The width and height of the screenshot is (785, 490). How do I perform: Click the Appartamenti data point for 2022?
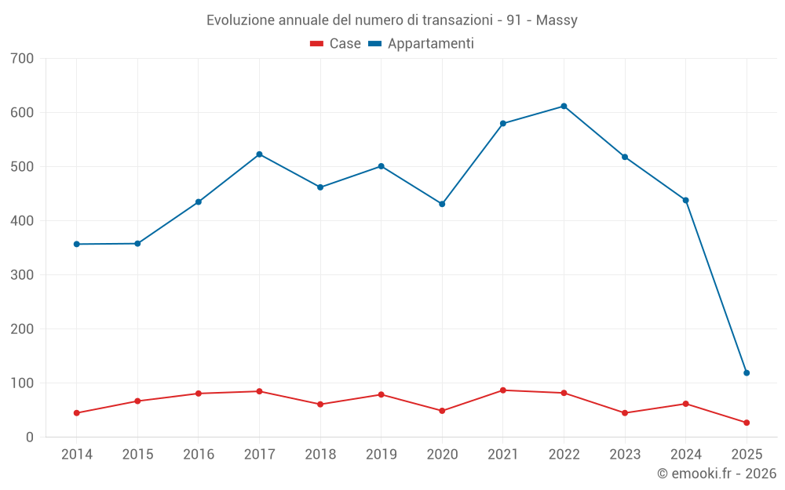tap(564, 106)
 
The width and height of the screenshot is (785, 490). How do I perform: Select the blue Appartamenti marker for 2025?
tap(747, 373)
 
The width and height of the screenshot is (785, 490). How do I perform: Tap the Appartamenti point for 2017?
tap(259, 154)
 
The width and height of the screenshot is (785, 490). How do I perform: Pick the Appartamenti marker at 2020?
tap(442, 204)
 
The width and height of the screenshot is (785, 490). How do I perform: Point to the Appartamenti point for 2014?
tap(76, 244)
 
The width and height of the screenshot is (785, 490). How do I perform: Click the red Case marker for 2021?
tap(503, 390)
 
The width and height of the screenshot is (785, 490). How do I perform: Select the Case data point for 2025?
tap(747, 423)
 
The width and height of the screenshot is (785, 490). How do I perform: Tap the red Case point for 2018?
tap(320, 405)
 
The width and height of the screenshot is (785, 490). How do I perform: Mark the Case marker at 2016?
tap(199, 394)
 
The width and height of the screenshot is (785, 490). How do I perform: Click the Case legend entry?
tap(335, 44)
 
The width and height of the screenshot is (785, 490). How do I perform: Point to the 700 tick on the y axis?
tap(23, 59)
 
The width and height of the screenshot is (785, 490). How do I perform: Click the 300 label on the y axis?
tap(23, 275)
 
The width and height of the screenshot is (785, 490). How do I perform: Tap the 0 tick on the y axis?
tap(30, 437)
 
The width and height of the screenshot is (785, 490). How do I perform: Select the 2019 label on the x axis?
tap(381, 455)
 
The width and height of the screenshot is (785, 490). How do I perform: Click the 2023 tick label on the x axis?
tap(625, 455)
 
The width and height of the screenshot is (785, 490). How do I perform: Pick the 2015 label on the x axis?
tap(137, 455)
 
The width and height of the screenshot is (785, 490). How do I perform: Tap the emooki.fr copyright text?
tap(717, 474)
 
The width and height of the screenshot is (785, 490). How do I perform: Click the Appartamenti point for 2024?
tap(685, 200)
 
